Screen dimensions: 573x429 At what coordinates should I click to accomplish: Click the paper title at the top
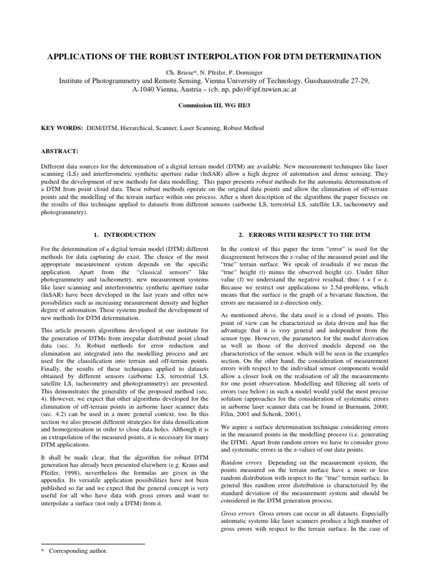(x=214, y=57)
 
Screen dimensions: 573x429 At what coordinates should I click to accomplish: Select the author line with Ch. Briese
(x=214, y=72)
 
